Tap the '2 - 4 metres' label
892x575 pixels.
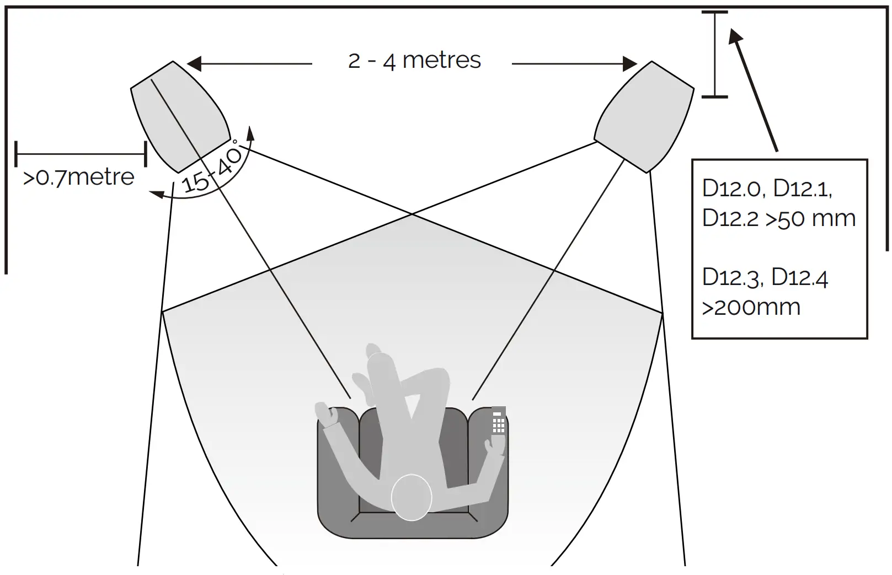(414, 60)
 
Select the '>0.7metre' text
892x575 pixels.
(79, 178)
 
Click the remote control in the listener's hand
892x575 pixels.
(498, 421)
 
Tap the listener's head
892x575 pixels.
(411, 497)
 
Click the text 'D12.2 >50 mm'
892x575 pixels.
(778, 218)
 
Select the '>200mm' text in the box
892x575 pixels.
(751, 307)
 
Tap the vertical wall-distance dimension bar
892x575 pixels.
(714, 54)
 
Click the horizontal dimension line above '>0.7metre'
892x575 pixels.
(81, 154)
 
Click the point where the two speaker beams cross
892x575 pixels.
(412, 214)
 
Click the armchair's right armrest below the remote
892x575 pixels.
(493, 480)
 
